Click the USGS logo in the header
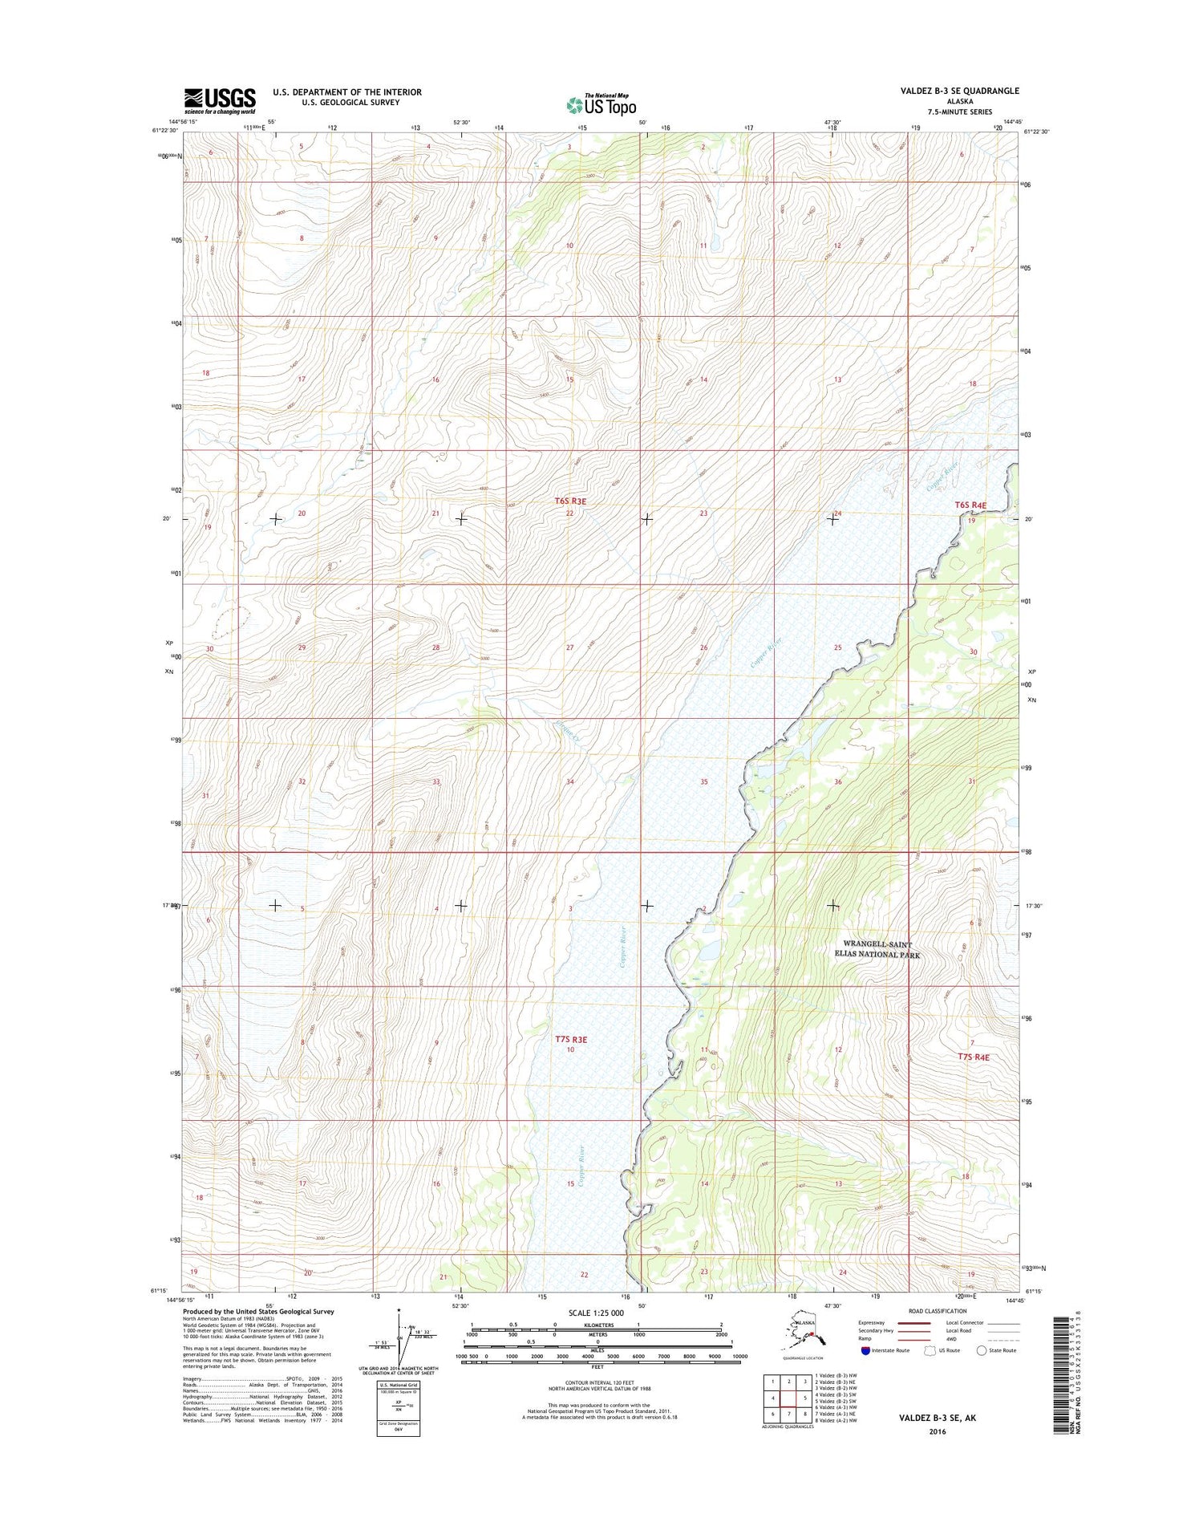pyautogui.click(x=220, y=99)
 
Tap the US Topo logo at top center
pyautogui.click(x=601, y=104)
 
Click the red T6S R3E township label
pyautogui.click(x=570, y=501)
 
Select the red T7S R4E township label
pyautogui.click(x=973, y=1057)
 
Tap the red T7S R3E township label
pyautogui.click(x=571, y=1039)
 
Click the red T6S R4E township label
pyautogui.click(x=970, y=505)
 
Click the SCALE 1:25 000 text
pyautogui.click(x=595, y=1313)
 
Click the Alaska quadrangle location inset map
pyautogui.click(x=802, y=1337)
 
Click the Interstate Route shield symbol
pyautogui.click(x=865, y=1349)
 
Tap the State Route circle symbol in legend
pyautogui.click(x=981, y=1349)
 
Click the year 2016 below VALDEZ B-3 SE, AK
pyautogui.click(x=936, y=1431)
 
